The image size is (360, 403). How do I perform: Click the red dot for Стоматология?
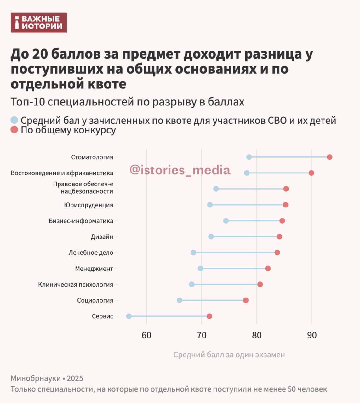point(329,157)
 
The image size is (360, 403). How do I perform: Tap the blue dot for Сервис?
point(129,316)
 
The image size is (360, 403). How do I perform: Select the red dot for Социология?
point(246,300)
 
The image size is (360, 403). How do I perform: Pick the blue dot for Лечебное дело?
point(193,253)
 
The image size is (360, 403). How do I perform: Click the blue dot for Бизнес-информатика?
point(226,221)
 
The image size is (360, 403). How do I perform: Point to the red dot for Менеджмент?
point(268,269)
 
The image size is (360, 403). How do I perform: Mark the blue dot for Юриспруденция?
point(210,205)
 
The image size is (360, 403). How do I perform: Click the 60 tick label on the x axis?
point(146,335)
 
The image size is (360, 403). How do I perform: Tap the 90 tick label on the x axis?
point(312,335)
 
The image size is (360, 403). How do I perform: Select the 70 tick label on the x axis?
point(202,335)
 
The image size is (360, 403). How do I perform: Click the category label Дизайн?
point(102,237)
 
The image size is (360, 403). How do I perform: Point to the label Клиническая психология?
point(76,285)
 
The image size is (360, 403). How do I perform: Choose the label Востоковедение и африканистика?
point(62,173)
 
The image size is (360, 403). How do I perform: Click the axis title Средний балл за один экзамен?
point(229,355)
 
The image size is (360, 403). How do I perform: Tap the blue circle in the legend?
point(14,120)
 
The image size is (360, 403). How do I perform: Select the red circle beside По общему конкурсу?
point(14,130)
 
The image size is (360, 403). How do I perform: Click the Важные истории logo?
point(39,23)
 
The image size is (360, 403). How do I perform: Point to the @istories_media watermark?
point(180,170)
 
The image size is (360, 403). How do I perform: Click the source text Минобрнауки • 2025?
point(47,378)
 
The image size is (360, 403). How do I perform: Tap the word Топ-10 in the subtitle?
point(27,102)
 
